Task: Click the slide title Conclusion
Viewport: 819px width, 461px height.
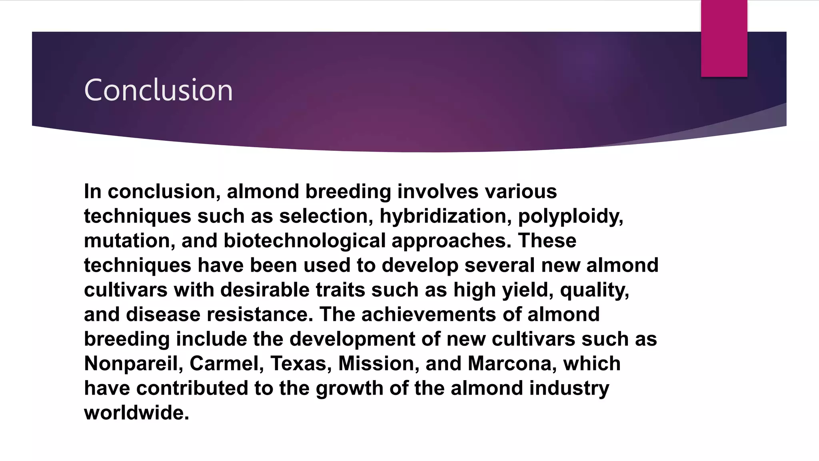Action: click(x=158, y=90)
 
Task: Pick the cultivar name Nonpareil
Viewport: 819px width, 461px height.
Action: click(x=134, y=364)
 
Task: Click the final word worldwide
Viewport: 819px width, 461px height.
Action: click(x=136, y=413)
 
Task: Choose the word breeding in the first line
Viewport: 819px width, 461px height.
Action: click(x=348, y=192)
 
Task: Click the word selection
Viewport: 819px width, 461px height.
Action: click(x=326, y=216)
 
